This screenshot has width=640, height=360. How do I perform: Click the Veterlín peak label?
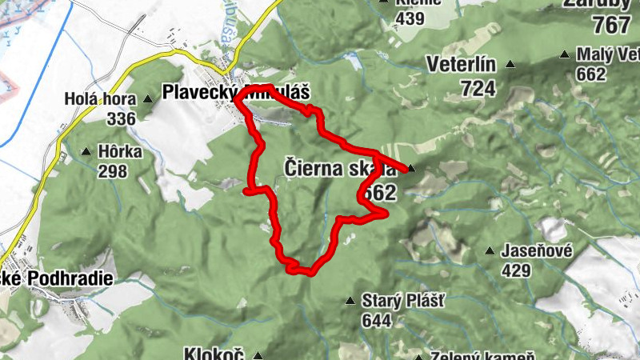click(462, 64)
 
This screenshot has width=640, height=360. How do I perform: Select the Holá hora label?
click(101, 99)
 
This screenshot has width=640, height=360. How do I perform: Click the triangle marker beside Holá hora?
click(148, 99)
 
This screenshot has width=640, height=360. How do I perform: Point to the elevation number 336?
click(121, 118)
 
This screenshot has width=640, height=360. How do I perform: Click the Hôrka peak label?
click(122, 150)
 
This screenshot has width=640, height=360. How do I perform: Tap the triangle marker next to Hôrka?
click(86, 150)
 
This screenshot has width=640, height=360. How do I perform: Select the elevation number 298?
click(114, 170)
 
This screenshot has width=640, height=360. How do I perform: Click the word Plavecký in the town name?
click(198, 93)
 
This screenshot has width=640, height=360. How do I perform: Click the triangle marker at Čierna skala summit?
click(411, 168)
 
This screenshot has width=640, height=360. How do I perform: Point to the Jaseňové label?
click(537, 251)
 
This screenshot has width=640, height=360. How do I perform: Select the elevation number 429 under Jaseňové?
click(516, 270)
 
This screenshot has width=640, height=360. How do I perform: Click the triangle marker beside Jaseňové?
click(490, 251)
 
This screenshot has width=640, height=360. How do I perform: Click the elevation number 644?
click(376, 321)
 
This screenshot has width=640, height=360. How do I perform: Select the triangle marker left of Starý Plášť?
click(350, 301)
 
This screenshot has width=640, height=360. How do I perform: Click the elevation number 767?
click(612, 26)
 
